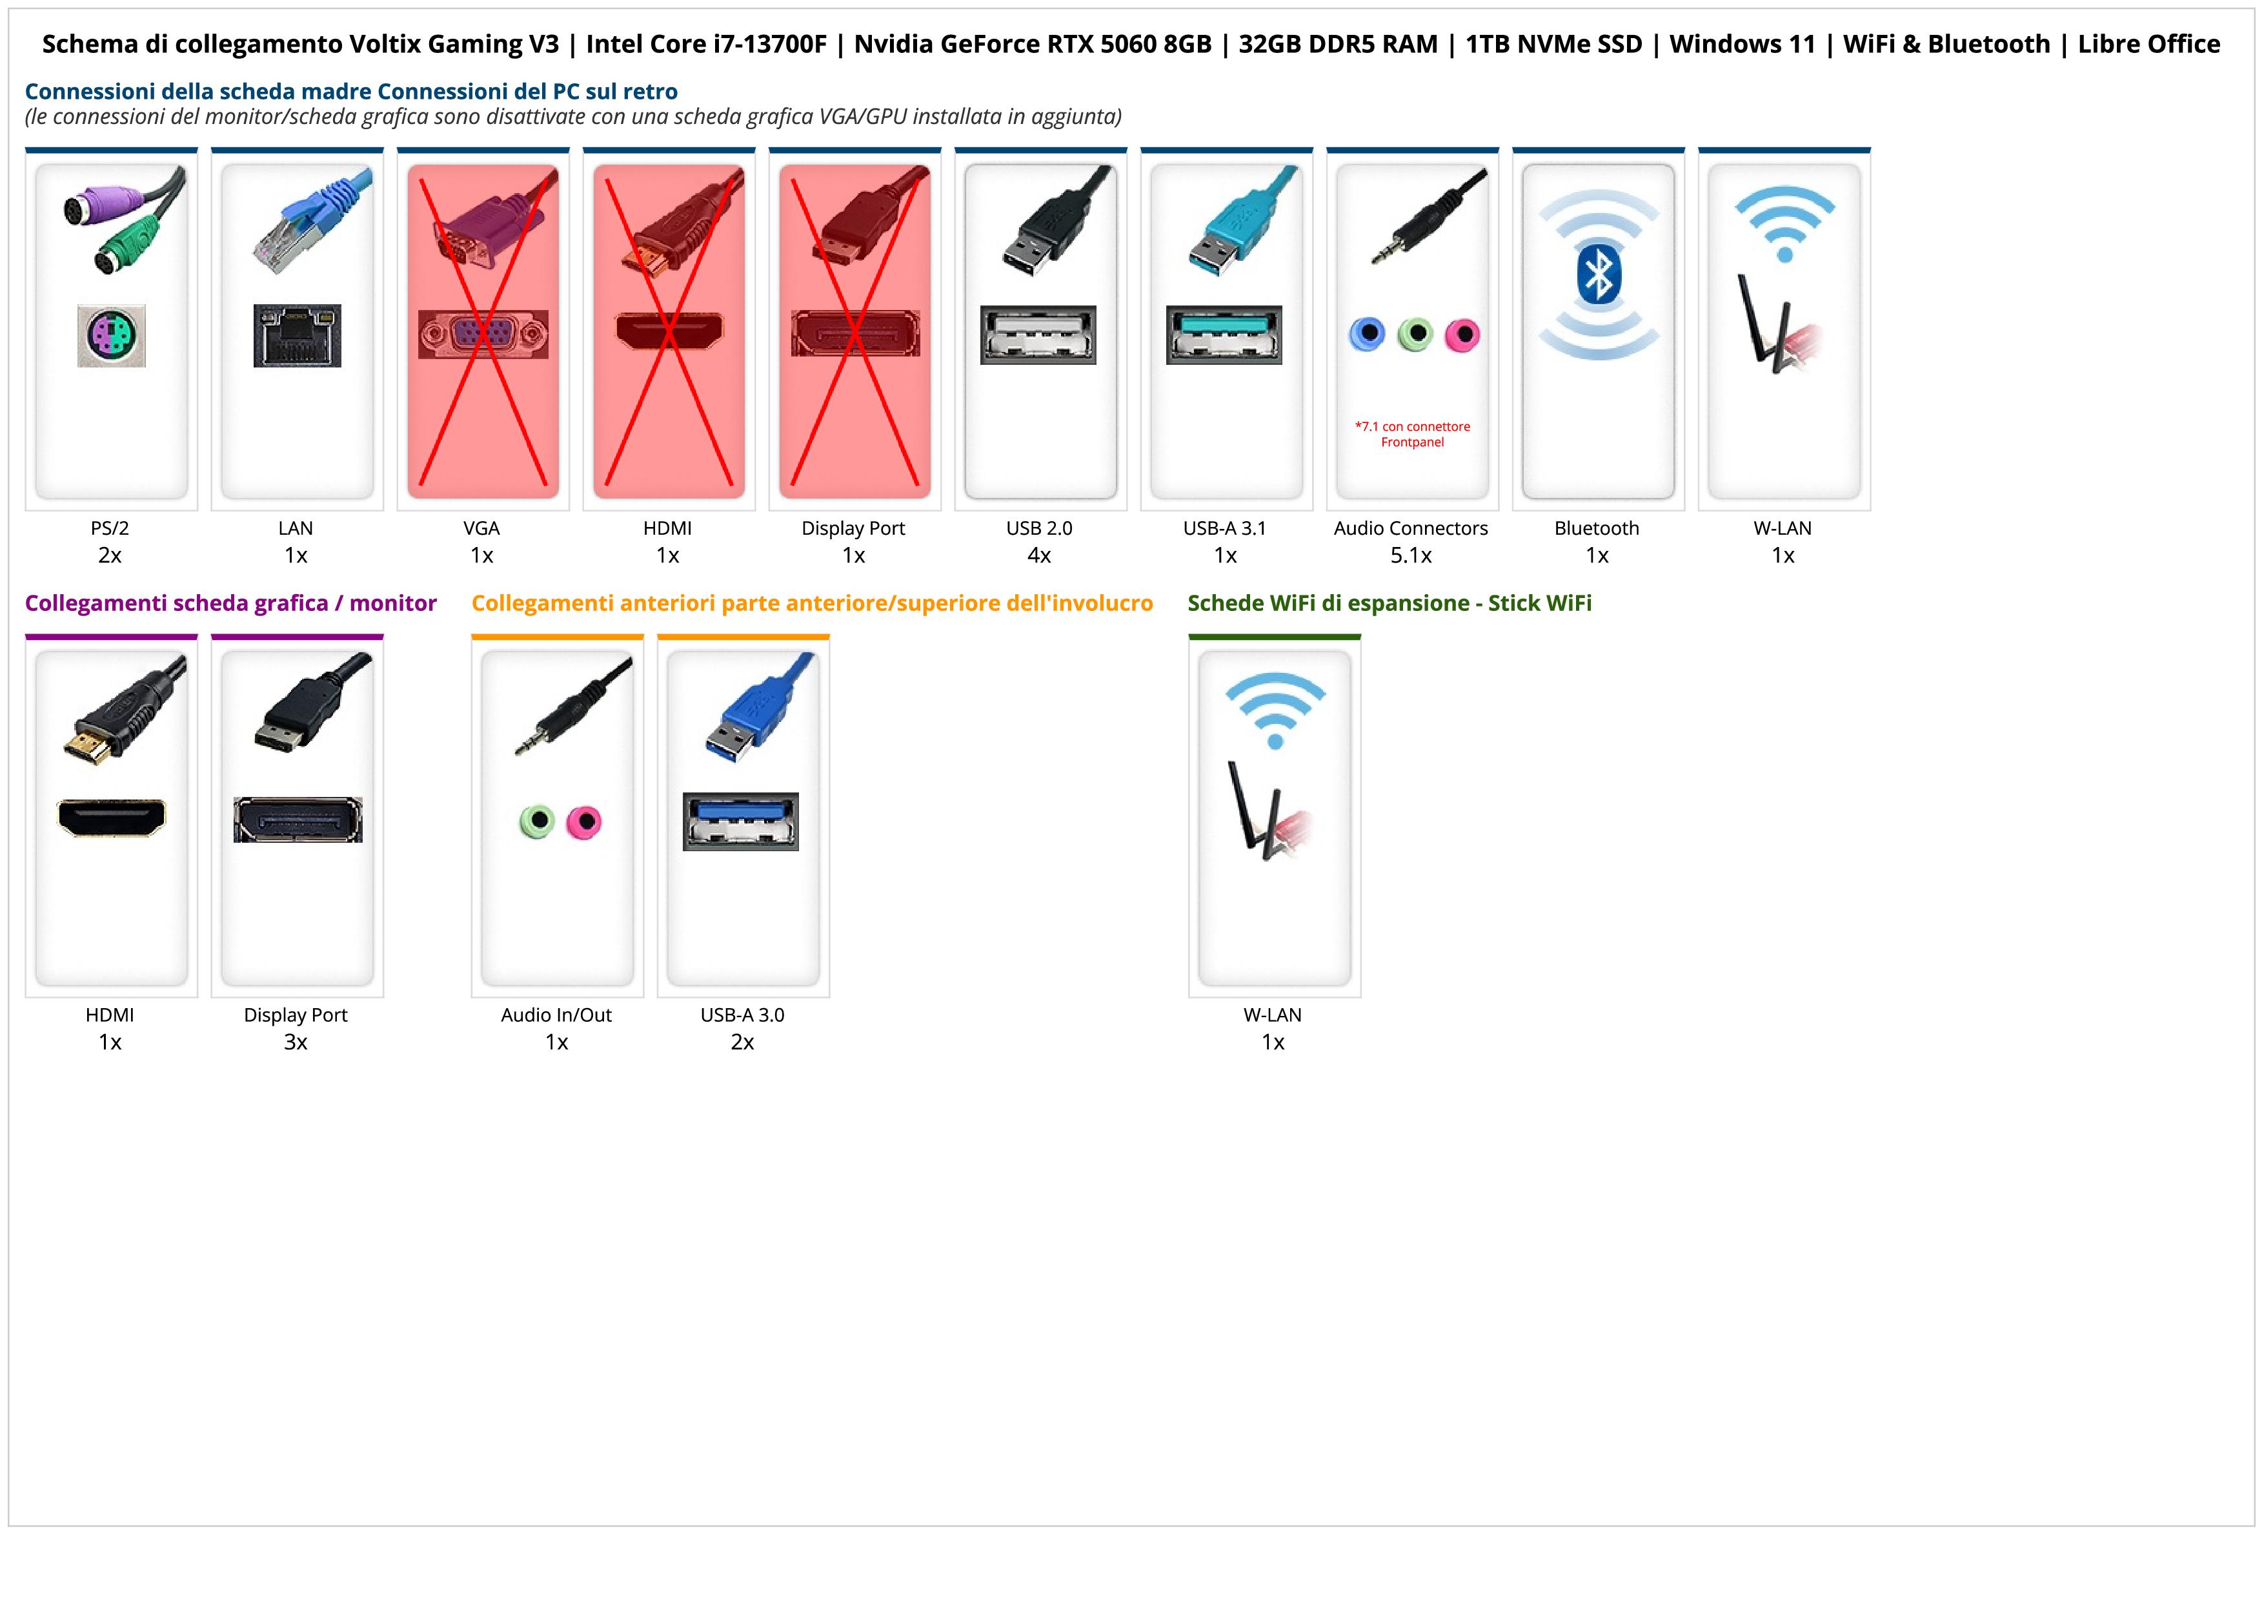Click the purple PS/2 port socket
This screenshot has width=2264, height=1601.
112,335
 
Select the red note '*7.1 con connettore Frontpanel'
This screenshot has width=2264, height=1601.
1412,434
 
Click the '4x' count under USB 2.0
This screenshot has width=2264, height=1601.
1039,555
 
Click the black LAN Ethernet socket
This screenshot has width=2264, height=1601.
297,335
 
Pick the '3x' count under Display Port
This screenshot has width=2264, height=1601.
296,1042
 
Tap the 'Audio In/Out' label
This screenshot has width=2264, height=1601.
556,1015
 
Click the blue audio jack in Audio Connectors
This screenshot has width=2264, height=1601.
1367,335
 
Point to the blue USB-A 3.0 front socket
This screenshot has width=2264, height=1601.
740,821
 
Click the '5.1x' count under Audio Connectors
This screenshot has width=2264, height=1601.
1411,555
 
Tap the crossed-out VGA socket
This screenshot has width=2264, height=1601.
482,335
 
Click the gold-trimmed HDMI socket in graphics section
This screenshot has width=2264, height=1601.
112,818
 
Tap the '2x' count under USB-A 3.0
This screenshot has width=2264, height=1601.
742,1042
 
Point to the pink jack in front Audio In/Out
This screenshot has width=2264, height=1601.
584,821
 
